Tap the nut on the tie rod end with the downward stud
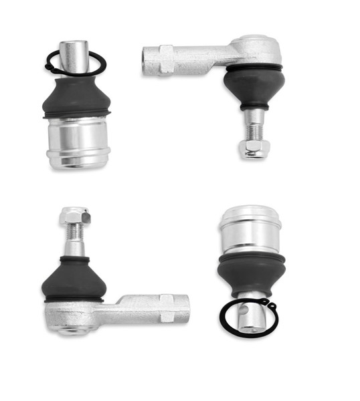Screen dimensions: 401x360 click(x=254, y=148)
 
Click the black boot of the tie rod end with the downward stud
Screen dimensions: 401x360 click(x=254, y=84)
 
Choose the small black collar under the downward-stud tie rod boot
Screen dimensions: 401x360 click(x=254, y=106)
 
